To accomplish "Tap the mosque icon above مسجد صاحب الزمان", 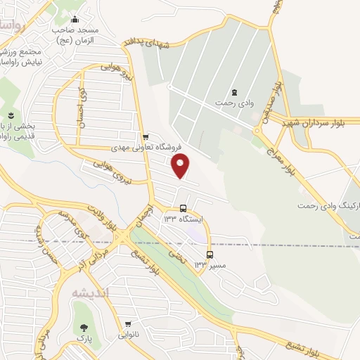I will point(75,19).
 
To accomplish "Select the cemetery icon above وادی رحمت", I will point(234,92).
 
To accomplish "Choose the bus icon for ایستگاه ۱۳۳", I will point(184,209).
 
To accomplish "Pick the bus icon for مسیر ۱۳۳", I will point(209,255).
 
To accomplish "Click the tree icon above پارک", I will point(85,328).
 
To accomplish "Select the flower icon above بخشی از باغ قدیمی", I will point(11,115).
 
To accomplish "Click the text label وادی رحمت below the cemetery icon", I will point(235,103).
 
